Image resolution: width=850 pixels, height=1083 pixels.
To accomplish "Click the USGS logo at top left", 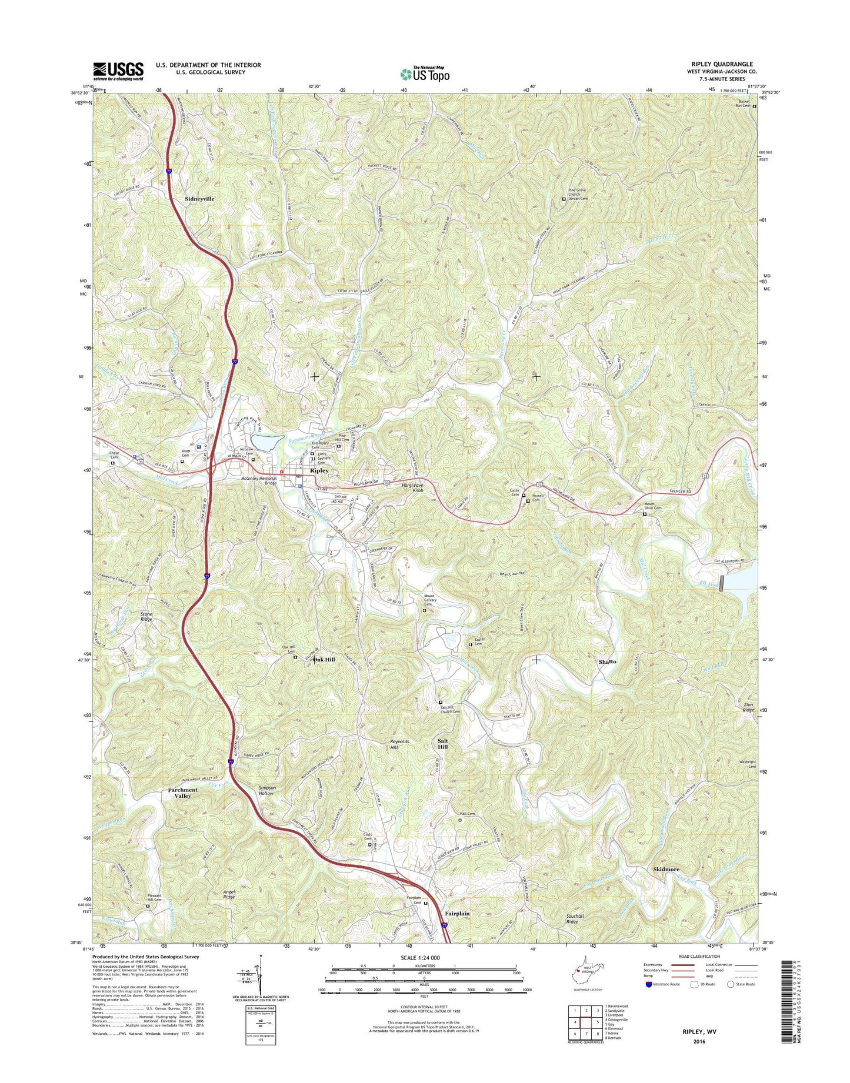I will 118,71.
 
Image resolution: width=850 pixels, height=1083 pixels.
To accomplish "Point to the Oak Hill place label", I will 324,660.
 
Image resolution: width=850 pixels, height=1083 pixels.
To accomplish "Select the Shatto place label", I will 607,661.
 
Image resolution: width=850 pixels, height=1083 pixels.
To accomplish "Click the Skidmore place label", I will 666,869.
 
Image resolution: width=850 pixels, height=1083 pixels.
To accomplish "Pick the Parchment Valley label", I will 182,793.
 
